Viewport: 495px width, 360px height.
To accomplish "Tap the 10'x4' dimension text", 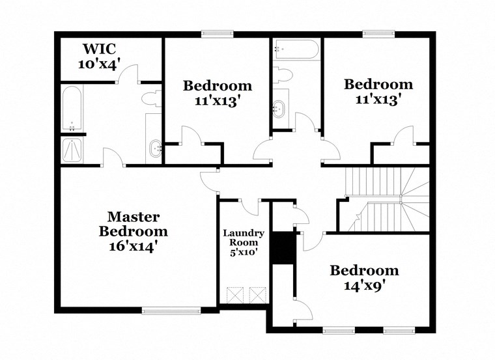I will click(100, 64).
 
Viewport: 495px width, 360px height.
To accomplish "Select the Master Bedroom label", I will click(134, 224).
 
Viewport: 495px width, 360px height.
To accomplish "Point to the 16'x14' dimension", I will click(134, 247).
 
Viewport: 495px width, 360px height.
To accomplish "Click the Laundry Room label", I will click(244, 238).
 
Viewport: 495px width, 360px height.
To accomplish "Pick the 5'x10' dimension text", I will click(244, 252).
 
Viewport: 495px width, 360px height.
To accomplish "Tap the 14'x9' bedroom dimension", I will click(364, 284).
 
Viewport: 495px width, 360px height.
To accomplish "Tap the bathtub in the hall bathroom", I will click(296, 50).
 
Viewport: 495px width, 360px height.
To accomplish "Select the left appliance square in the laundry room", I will click(234, 294).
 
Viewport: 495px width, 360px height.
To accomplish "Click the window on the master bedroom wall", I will click(171, 311).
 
